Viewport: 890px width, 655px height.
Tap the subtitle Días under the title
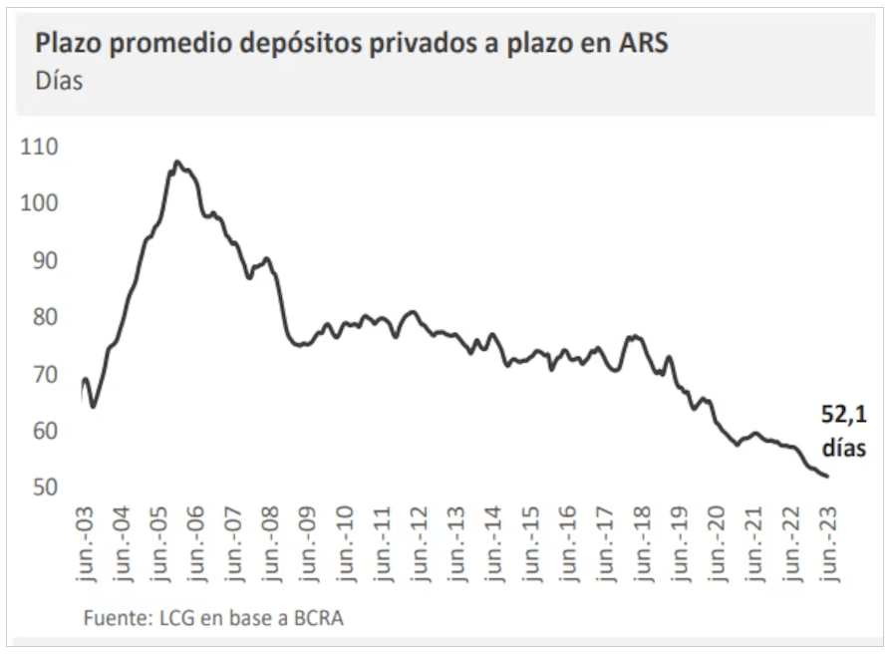59,82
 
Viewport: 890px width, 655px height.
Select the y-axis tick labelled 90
42,260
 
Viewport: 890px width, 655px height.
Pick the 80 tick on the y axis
42,317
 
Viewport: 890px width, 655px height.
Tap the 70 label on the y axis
42,374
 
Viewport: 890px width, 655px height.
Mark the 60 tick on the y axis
42,431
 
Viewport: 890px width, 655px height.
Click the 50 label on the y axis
42,488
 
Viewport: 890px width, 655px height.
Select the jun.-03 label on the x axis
87,544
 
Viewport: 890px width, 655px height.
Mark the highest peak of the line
176,161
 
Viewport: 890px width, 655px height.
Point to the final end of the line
827,476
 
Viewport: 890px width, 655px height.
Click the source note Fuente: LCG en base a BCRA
214,618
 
